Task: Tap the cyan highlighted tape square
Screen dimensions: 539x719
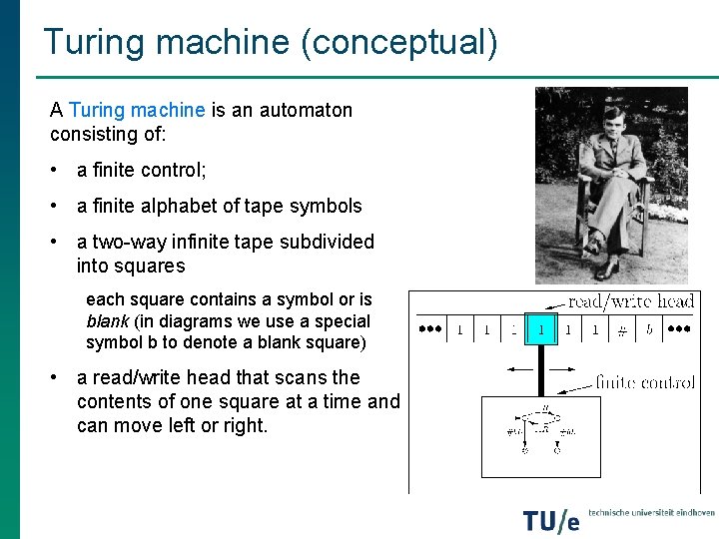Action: pos(540,328)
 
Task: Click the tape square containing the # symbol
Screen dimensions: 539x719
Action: pos(622,329)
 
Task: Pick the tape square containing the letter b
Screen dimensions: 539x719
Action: pos(649,329)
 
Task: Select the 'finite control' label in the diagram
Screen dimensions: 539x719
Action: pos(645,382)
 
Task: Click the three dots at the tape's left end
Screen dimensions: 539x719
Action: pos(430,327)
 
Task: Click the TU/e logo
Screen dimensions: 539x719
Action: pos(550,520)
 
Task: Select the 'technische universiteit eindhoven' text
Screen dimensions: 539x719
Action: pos(651,512)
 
